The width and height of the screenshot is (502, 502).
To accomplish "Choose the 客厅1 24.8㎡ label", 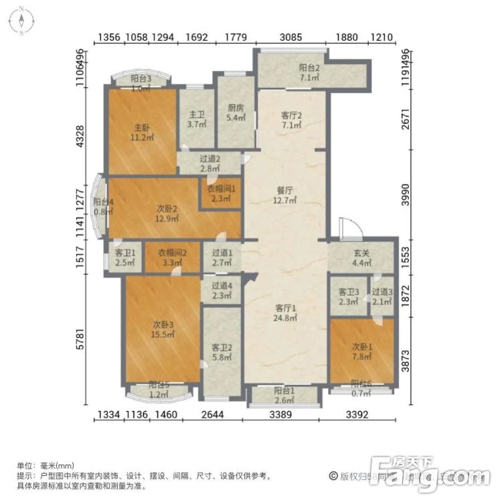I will click(x=286, y=313).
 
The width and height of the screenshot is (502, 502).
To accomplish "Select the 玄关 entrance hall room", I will click(x=361, y=258).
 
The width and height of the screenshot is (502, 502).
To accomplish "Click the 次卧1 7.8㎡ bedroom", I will click(x=362, y=351).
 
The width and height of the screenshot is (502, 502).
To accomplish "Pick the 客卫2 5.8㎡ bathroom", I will click(x=222, y=352).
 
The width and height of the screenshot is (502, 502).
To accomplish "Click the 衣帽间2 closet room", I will click(x=173, y=258).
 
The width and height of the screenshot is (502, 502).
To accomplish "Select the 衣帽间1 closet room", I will click(x=220, y=193).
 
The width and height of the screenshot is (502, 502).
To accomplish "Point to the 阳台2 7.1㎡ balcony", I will click(x=309, y=72).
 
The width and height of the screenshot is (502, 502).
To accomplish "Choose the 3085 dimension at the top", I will click(x=290, y=37).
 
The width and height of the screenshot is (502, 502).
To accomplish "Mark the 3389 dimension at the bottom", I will click(x=280, y=416).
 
